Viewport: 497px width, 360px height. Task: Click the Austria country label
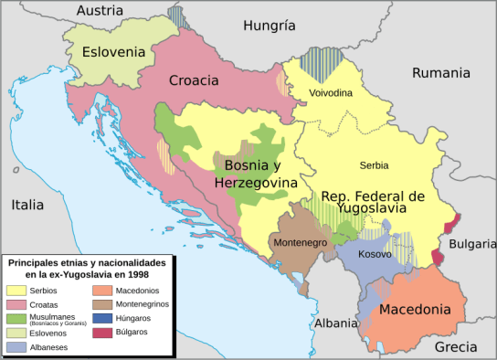pyautogui.click(x=100, y=11)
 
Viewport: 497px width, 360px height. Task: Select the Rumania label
pyautogui.click(x=440, y=73)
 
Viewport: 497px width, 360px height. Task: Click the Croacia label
pyautogui.click(x=194, y=80)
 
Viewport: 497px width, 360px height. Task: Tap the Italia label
pyautogui.click(x=27, y=206)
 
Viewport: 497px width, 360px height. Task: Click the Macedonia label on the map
pyautogui.click(x=415, y=310)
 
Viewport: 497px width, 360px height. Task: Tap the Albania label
pyautogui.click(x=334, y=323)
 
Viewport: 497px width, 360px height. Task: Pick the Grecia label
pyautogui.click(x=455, y=347)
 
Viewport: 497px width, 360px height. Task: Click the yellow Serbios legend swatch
pyautogui.click(x=16, y=290)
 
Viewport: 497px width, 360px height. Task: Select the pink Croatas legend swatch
pyautogui.click(x=16, y=303)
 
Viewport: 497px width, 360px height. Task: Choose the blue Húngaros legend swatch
pyautogui.click(x=101, y=317)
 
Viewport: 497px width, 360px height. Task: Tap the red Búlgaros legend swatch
pyautogui.click(x=101, y=331)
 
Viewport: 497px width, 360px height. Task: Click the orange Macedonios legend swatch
pyautogui.click(x=101, y=290)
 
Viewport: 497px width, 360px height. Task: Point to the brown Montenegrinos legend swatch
pyautogui.click(x=101, y=303)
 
